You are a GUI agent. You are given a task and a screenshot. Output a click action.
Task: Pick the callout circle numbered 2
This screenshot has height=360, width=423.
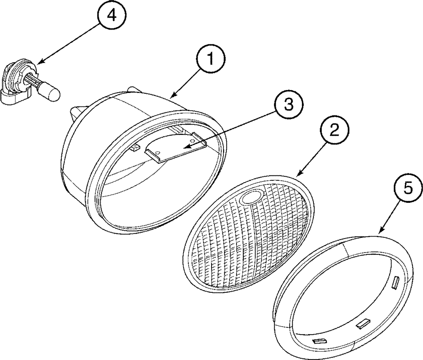click(334, 131)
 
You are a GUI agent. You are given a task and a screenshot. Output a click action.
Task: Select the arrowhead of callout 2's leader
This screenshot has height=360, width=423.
click(298, 175)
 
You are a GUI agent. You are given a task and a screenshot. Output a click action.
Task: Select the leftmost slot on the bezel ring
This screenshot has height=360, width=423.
click(318, 341)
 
